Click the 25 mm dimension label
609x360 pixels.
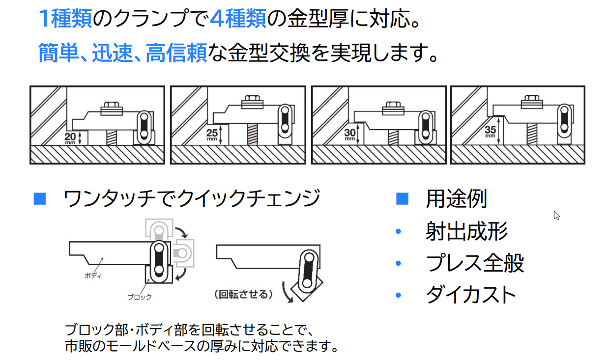212,134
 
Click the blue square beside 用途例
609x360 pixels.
402,199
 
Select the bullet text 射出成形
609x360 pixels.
466,231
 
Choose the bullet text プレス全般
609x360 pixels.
475,263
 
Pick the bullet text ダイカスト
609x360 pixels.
470,295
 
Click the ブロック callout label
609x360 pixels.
140,297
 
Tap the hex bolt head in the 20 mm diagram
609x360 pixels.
111,107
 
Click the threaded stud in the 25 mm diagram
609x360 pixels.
252,133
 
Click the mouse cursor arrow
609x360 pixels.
556,215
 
